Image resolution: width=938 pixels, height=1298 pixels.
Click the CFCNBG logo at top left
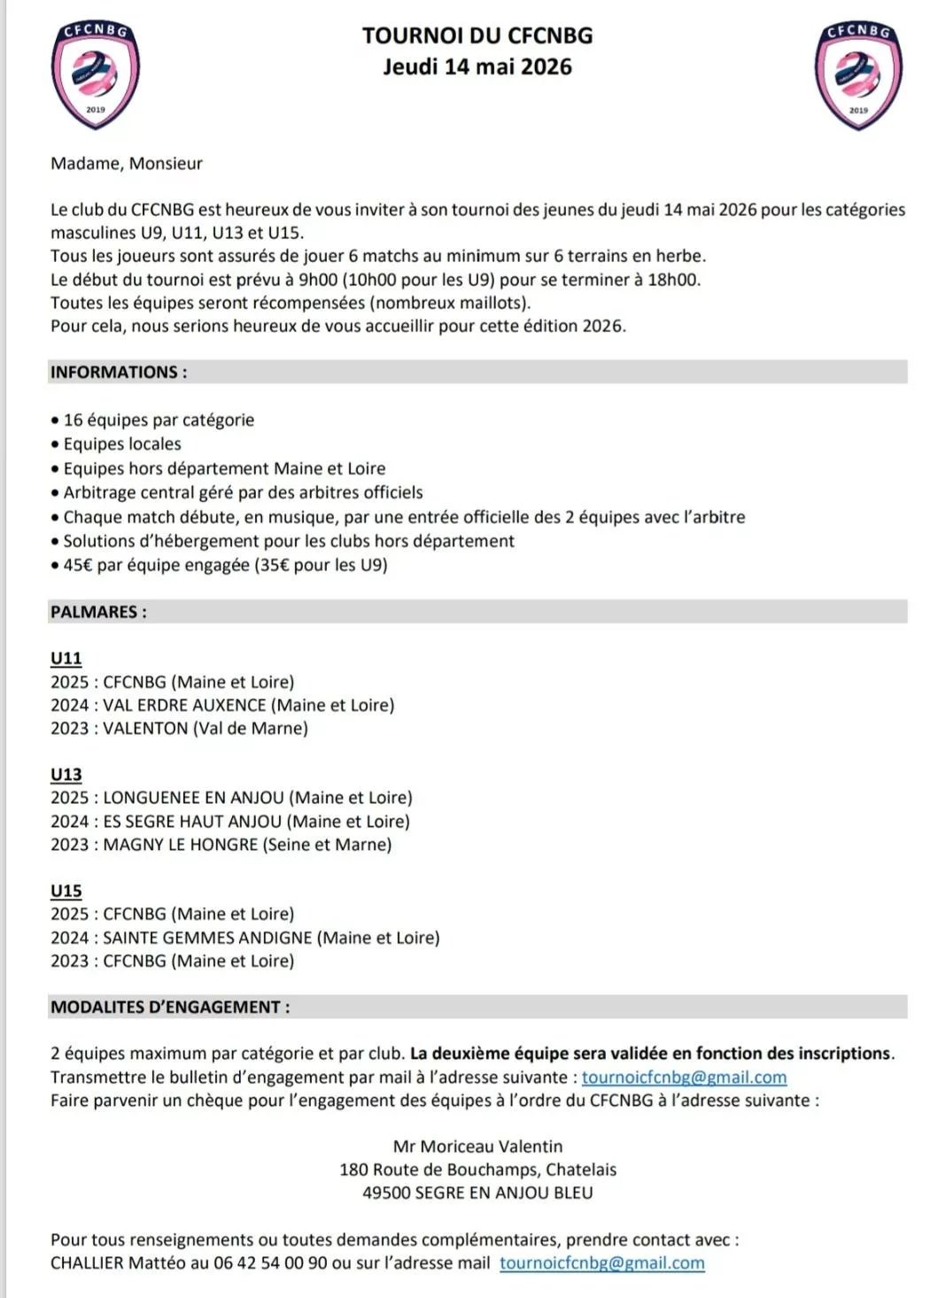point(96,75)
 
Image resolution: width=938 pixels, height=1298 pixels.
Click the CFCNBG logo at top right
point(857,75)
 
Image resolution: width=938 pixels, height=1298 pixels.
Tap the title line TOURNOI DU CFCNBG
point(477,35)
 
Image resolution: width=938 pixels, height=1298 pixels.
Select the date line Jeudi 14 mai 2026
point(477,67)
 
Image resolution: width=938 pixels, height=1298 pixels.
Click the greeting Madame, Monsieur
point(127,163)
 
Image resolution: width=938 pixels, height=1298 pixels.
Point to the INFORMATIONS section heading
point(119,372)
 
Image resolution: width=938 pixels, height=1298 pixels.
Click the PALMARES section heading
point(98,612)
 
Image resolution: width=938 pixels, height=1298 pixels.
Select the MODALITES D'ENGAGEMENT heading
point(170,1007)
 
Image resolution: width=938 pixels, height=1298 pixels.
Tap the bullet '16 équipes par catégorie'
point(159,420)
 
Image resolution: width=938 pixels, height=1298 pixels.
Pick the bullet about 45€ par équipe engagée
point(225,565)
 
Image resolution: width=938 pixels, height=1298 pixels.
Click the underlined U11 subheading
point(66,658)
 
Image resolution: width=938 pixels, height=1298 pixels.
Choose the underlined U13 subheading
point(66,775)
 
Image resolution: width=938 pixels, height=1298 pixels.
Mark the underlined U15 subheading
point(66,891)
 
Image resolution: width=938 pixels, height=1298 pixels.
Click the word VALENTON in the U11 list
point(145,728)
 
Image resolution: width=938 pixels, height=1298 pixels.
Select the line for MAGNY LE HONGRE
point(221,845)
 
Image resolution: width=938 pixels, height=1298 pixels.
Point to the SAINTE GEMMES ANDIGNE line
point(244,938)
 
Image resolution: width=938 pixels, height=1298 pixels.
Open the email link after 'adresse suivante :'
point(684,1078)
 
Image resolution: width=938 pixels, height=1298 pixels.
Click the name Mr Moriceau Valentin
point(477,1146)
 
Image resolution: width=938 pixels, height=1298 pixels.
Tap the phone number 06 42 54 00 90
point(270,1263)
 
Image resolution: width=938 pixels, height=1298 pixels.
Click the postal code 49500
point(385,1193)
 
